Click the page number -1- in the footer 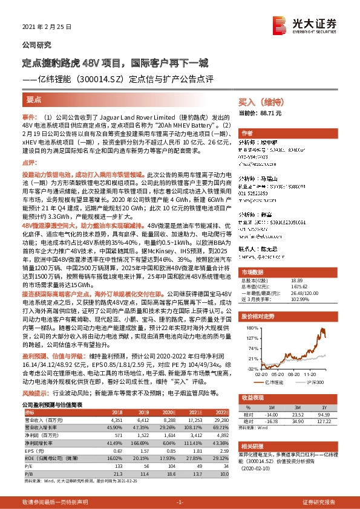point(179,502)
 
